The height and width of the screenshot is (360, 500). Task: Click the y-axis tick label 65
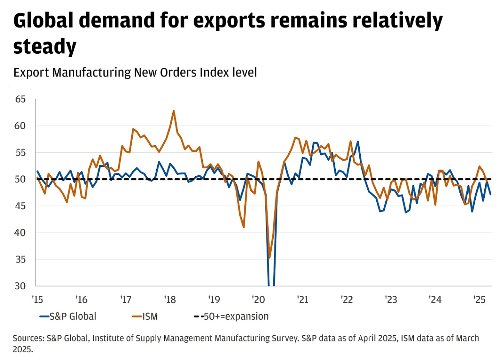20,99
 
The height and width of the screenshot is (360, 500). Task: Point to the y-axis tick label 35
20,260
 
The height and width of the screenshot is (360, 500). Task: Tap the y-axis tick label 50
20,179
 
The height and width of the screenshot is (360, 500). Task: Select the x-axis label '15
37,300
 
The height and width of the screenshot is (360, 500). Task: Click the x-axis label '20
258,300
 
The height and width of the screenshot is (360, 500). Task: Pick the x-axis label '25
479,300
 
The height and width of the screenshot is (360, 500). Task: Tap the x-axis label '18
170,300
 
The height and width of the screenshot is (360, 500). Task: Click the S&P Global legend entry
68,316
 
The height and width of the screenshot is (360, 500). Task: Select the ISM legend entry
145,316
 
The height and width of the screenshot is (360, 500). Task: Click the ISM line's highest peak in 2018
174,111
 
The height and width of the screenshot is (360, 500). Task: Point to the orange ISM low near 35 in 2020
269,258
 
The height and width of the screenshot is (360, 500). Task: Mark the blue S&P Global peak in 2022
358,141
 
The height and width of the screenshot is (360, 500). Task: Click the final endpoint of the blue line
491,194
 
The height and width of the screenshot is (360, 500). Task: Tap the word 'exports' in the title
229,21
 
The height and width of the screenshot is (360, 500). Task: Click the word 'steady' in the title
45,47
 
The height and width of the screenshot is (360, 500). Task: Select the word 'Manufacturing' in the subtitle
92,73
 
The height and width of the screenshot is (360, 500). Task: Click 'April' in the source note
366,338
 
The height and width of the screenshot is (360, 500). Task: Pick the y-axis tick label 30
20,286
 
